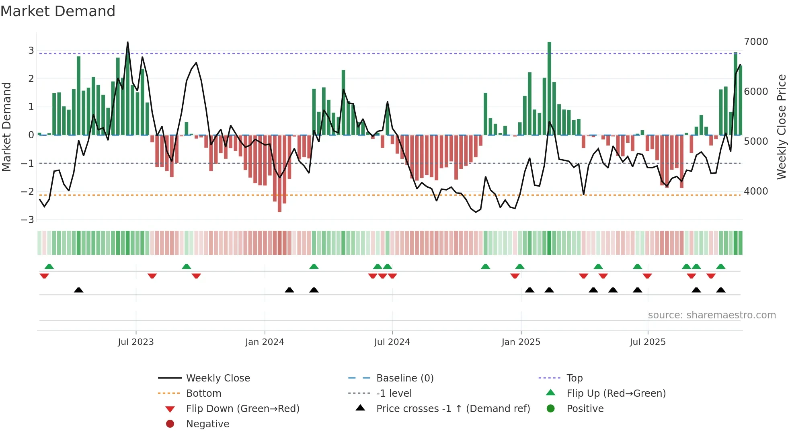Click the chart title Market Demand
58,11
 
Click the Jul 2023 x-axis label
136,342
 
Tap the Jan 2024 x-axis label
265,342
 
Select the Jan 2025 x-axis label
521,342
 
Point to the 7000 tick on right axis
756,42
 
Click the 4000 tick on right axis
756,191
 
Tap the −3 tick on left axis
28,220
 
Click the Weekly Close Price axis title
781,127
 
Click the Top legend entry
575,378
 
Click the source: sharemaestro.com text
712,315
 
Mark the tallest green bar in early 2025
549,88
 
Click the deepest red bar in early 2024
279,173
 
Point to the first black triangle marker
79,290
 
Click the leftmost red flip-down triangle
44,276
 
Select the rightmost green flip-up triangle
721,267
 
